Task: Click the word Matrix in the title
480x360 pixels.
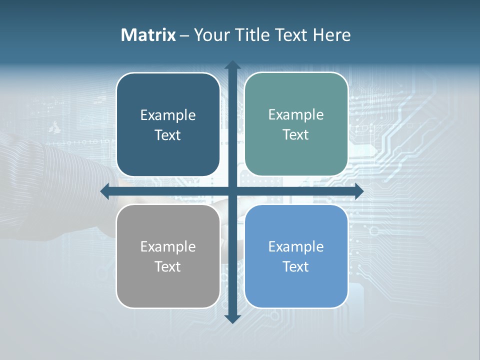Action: pos(148,35)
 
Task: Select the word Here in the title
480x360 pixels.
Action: pos(332,35)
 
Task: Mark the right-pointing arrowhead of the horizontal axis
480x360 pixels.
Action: pos(358,191)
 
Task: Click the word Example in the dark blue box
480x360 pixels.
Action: pos(168,115)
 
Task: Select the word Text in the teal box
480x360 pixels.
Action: pos(296,135)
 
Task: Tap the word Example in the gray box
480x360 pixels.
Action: pos(168,247)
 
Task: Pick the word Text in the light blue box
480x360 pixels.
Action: pos(296,266)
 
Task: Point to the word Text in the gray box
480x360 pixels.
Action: pos(168,266)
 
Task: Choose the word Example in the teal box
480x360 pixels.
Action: pos(296,115)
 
